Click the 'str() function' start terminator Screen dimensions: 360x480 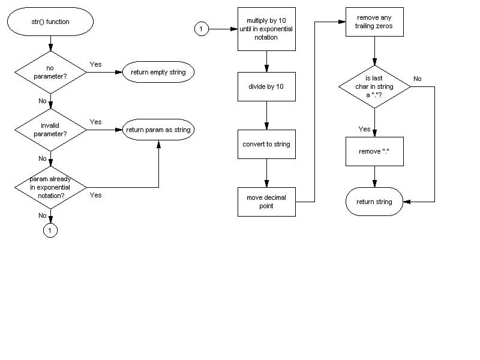[x=50, y=22]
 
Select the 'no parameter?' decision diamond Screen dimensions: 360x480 [x=50, y=73]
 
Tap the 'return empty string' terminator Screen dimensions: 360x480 [x=158, y=73]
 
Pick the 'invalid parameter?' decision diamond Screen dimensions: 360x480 [x=50, y=130]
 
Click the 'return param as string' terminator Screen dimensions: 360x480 [x=158, y=130]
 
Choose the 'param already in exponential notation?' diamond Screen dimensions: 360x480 [x=50, y=187]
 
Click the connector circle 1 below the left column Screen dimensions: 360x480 [x=50, y=230]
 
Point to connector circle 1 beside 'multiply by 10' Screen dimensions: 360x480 [x=202, y=29]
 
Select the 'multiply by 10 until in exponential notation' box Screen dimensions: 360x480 [x=266, y=29]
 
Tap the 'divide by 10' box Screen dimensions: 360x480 [x=266, y=87]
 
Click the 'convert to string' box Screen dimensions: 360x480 [x=266, y=145]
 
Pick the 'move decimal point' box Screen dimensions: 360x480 [x=266, y=202]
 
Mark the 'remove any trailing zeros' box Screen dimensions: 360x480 [x=374, y=22]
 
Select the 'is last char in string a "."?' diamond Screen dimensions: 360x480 [x=374, y=87]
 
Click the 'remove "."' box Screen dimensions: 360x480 [x=374, y=151]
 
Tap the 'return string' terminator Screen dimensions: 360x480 [x=374, y=202]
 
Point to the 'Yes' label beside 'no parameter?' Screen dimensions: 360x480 [x=95, y=64]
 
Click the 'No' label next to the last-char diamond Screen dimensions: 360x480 [x=418, y=79]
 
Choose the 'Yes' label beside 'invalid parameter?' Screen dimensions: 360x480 [x=95, y=122]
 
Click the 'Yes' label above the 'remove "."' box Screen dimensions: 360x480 [x=364, y=129]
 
